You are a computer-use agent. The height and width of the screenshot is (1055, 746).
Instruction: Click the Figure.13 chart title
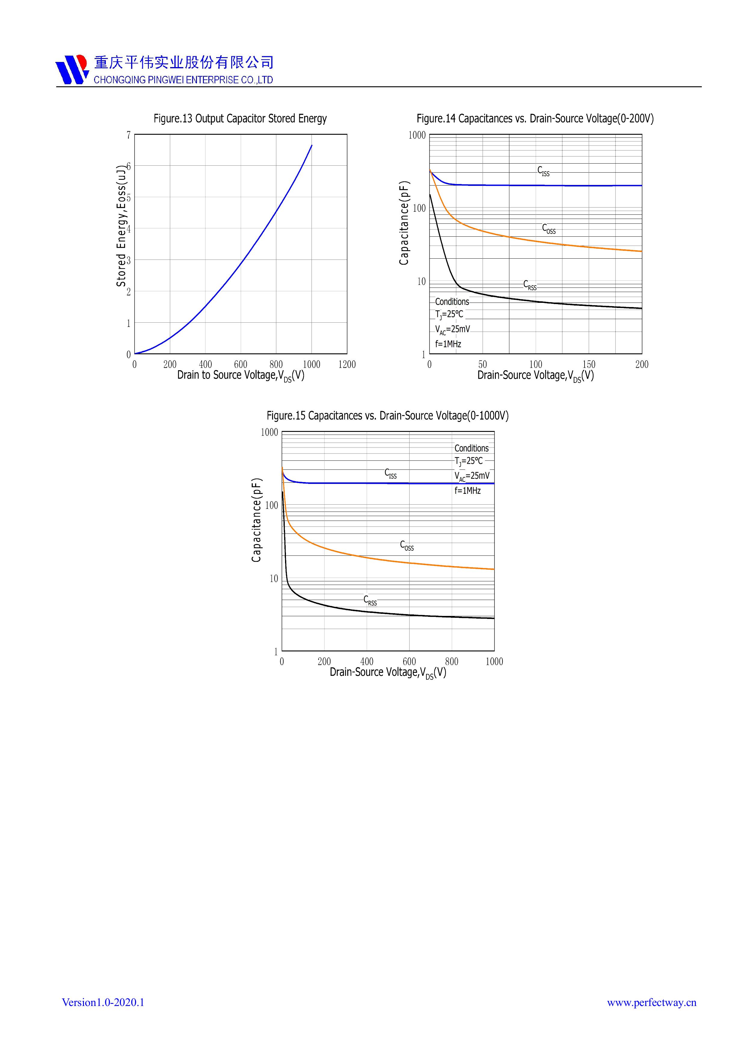[240, 118]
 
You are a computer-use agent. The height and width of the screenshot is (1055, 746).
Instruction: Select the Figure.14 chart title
[535, 118]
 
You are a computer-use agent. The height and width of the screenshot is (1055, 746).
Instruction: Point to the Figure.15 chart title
[387, 416]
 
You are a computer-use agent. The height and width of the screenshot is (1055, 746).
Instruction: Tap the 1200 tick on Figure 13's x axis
[347, 364]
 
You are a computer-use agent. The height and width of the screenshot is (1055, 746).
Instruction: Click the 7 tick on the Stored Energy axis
[129, 135]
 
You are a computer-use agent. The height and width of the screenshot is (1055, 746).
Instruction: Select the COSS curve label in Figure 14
[548, 229]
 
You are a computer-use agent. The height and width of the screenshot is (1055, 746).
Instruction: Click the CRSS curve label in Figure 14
[530, 285]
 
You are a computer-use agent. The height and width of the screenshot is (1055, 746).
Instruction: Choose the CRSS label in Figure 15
[370, 601]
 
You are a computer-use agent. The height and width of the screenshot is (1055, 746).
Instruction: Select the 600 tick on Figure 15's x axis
[409, 662]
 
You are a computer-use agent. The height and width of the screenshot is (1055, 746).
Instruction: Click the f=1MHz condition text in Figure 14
[448, 344]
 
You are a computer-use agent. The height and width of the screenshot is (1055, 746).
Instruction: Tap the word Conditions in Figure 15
[471, 448]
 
